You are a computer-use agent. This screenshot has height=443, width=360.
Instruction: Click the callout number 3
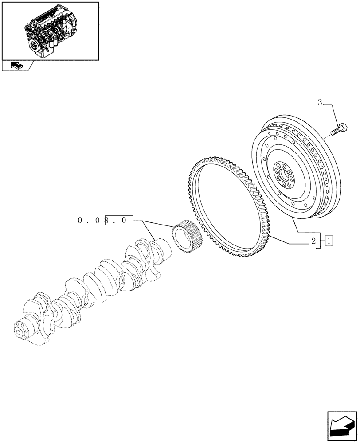(x=320, y=103)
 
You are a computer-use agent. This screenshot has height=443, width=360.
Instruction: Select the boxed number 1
(x=329, y=241)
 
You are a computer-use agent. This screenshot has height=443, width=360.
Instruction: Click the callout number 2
(x=313, y=241)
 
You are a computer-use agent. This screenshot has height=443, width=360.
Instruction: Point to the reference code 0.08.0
(x=105, y=220)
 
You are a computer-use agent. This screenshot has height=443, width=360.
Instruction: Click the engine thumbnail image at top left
(x=50, y=30)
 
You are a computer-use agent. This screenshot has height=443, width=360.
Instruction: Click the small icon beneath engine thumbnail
(x=16, y=66)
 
